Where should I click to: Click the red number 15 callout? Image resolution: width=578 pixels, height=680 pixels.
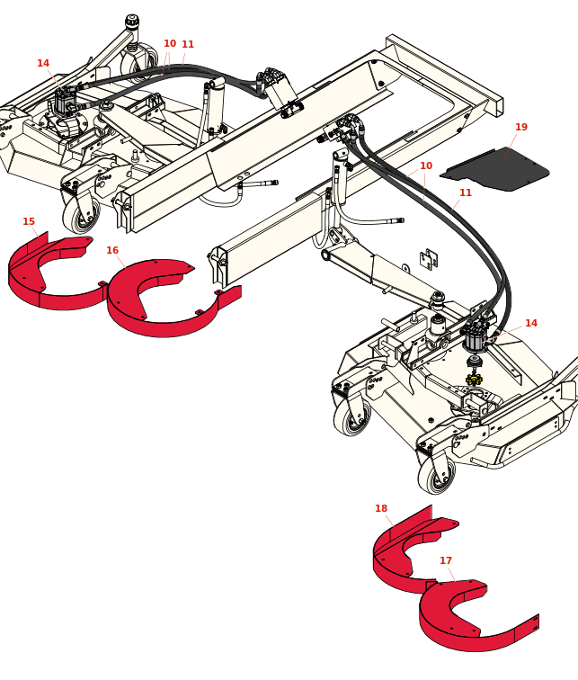[x=29, y=221]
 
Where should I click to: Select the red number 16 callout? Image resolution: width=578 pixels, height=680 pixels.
[x=112, y=250]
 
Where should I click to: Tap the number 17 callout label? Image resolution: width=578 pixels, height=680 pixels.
[x=446, y=560]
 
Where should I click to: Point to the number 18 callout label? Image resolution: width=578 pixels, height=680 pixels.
[x=381, y=508]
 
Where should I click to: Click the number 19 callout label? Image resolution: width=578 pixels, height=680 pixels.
[x=521, y=127]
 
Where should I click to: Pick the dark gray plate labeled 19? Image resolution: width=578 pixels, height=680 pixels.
[x=499, y=170]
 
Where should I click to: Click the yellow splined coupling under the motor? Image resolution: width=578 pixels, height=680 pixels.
[x=474, y=380]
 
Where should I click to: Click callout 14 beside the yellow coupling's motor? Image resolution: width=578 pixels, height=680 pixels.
[x=531, y=323]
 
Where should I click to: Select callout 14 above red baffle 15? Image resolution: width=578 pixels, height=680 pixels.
[x=43, y=63]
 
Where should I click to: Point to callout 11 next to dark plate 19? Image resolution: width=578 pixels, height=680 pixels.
[x=466, y=192]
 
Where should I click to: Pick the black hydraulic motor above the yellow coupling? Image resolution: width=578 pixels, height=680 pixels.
[x=475, y=337]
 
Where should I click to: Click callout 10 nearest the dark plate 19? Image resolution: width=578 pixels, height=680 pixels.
[x=426, y=166]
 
